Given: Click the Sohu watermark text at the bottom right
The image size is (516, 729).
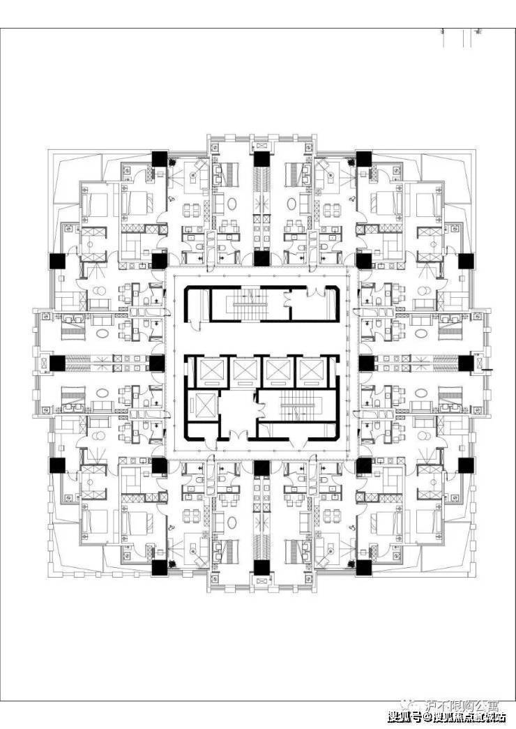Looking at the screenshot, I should click(446, 716).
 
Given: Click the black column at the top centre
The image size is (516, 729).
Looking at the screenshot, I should click(261, 159).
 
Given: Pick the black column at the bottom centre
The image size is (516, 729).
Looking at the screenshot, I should click(261, 567).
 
